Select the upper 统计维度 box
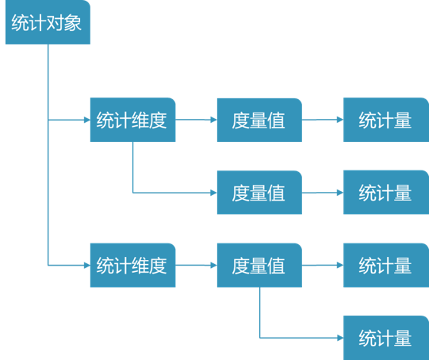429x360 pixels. [132, 121]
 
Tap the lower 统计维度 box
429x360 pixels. [132, 265]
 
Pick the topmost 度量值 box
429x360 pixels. [259, 121]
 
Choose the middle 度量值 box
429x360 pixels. [259, 193]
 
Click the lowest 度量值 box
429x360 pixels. [259, 265]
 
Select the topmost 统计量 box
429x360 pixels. [385, 121]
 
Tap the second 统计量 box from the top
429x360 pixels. [385, 193]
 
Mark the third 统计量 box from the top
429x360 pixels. [385, 265]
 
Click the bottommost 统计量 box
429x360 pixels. [385, 338]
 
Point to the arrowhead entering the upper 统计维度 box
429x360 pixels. [86, 121]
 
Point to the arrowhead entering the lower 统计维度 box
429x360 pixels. [86, 265]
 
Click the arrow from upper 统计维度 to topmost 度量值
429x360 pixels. [195, 121]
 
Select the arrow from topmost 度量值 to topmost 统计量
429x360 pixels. [322, 121]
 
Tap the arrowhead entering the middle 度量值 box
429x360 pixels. [213, 193]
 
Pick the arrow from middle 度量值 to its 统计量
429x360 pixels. [322, 193]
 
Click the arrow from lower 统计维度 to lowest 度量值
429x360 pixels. [195, 265]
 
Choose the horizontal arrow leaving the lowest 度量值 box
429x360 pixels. [322, 265]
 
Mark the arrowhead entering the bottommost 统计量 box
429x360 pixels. [339, 338]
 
